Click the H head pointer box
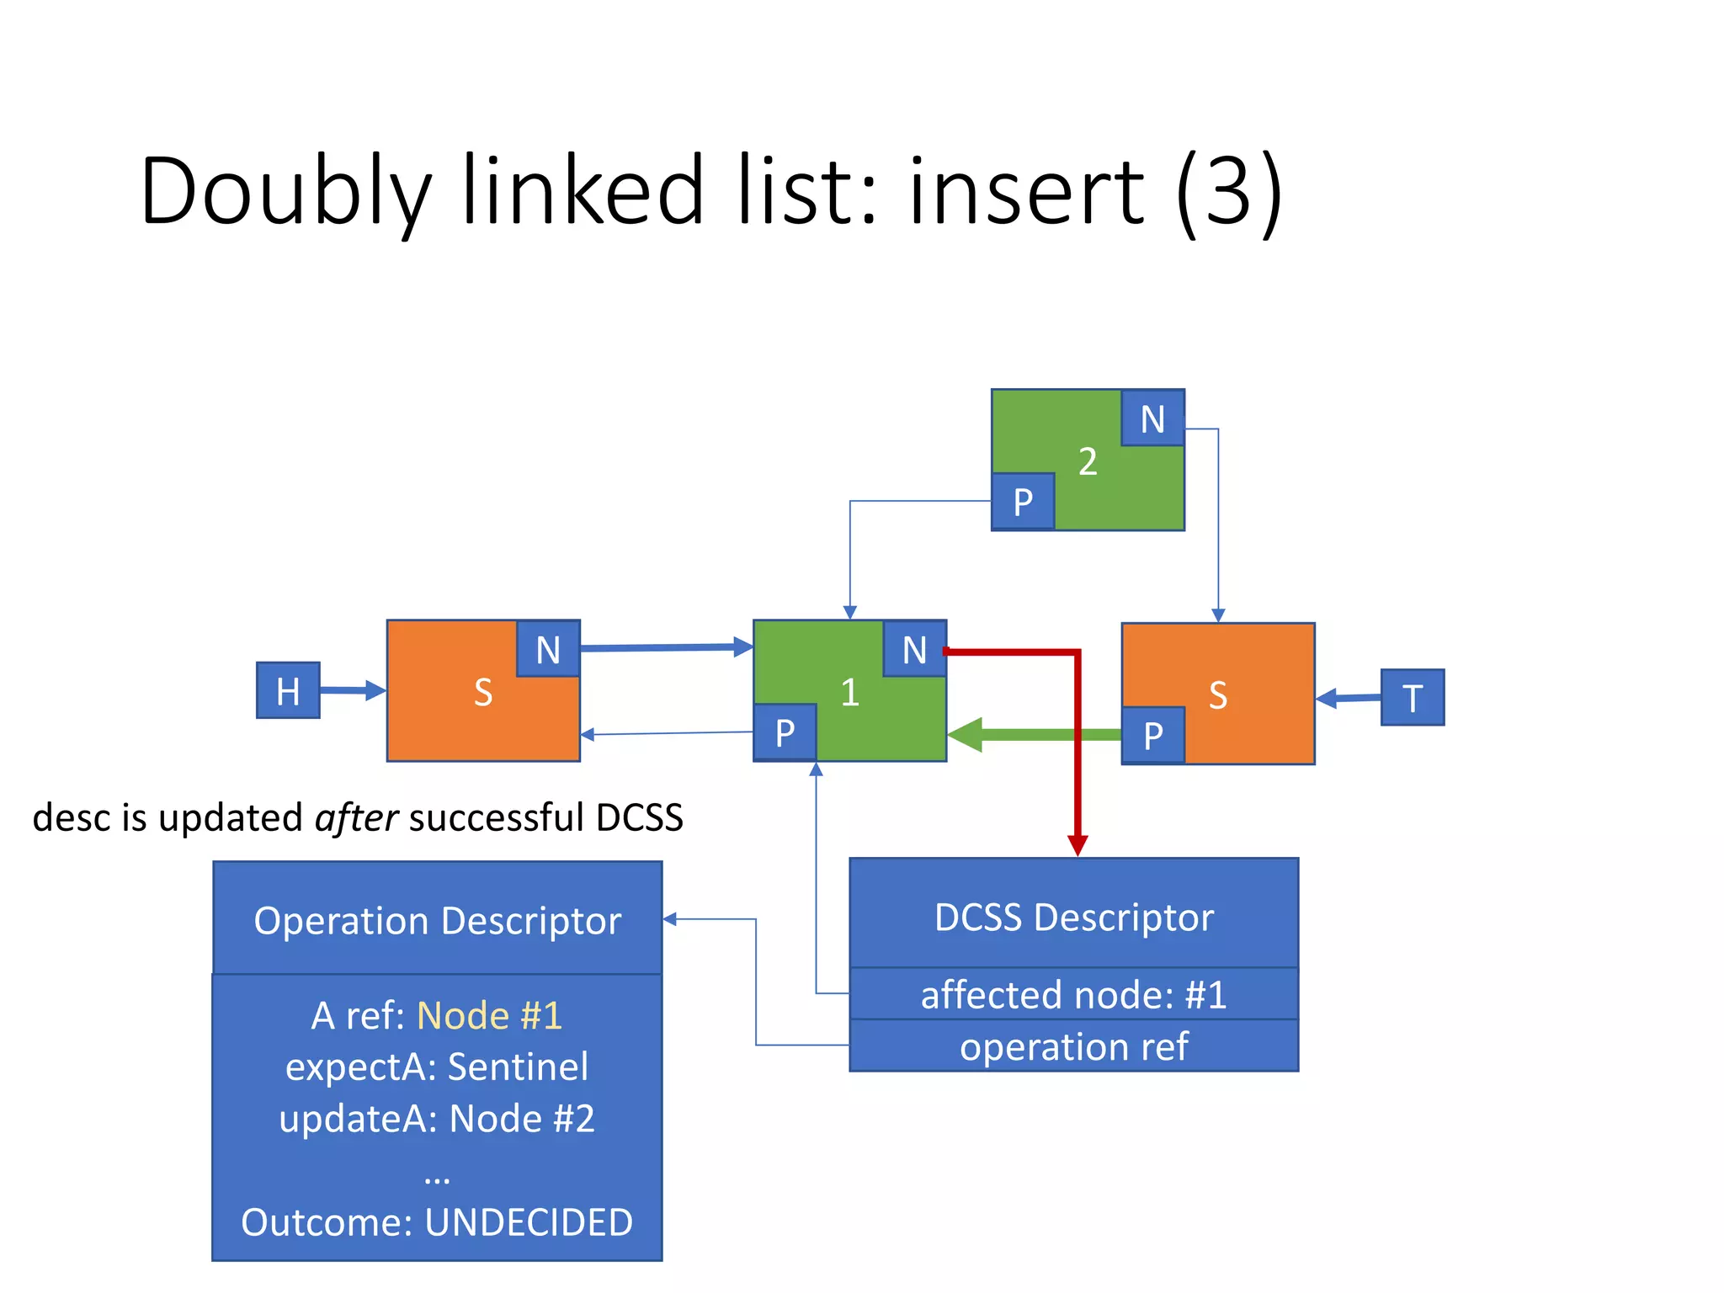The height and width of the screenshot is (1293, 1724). pos(288,690)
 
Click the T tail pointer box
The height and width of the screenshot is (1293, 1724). pos(1412,697)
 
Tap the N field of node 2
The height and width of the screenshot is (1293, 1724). pos(1152,418)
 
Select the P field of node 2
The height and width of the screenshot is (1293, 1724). pos(1023,502)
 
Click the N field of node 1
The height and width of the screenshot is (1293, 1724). pos(914,649)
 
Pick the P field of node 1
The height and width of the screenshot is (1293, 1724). pos(785,732)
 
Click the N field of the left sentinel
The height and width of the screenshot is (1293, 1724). pos(548,649)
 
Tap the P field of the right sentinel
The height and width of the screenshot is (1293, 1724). pos(1153,735)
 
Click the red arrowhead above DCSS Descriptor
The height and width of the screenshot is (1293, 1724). pos(1077,844)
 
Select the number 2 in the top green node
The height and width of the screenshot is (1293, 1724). pos(1088,461)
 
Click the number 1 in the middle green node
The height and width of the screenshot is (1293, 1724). pos(849,692)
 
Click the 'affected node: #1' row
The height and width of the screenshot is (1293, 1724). pos(1073,994)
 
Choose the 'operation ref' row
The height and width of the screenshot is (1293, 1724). pos(1073,1046)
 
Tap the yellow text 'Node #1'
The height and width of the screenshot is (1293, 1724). pos(489,1015)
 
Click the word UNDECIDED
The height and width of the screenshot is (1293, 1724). pos(529,1222)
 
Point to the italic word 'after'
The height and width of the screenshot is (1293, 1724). pos(356,818)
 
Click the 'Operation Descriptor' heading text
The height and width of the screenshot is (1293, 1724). pos(437,920)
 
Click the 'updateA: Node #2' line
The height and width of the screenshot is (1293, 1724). pos(437,1119)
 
